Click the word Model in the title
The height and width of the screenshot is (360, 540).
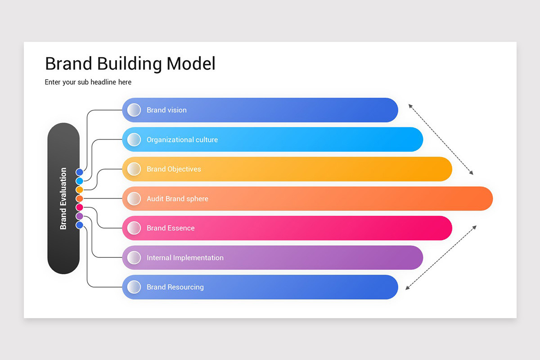point(191,64)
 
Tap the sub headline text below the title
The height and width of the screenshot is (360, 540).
point(88,82)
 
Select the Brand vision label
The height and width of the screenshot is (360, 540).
point(166,110)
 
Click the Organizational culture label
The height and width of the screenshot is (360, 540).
point(182,140)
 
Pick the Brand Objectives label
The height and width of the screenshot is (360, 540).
point(174,169)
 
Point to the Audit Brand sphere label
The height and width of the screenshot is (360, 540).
point(177,199)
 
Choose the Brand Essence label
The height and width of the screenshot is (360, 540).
point(171,228)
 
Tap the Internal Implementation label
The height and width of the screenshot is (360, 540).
point(185,258)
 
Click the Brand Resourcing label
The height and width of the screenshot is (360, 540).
point(175,287)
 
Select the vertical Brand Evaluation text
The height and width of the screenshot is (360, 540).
point(63,198)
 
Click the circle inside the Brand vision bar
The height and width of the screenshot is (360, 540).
point(134,110)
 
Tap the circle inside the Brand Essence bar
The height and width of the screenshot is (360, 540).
point(134,228)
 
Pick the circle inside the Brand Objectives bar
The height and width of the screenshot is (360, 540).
point(134,169)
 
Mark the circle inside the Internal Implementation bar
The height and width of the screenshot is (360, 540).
point(134,258)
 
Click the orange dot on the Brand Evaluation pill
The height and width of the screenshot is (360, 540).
point(80,198)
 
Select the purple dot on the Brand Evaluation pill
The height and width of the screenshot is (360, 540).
point(80,216)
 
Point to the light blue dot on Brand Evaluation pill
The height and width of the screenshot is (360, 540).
point(80,181)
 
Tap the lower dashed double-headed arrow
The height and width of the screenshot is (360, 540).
point(441,258)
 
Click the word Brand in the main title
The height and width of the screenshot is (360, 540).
point(69,64)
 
